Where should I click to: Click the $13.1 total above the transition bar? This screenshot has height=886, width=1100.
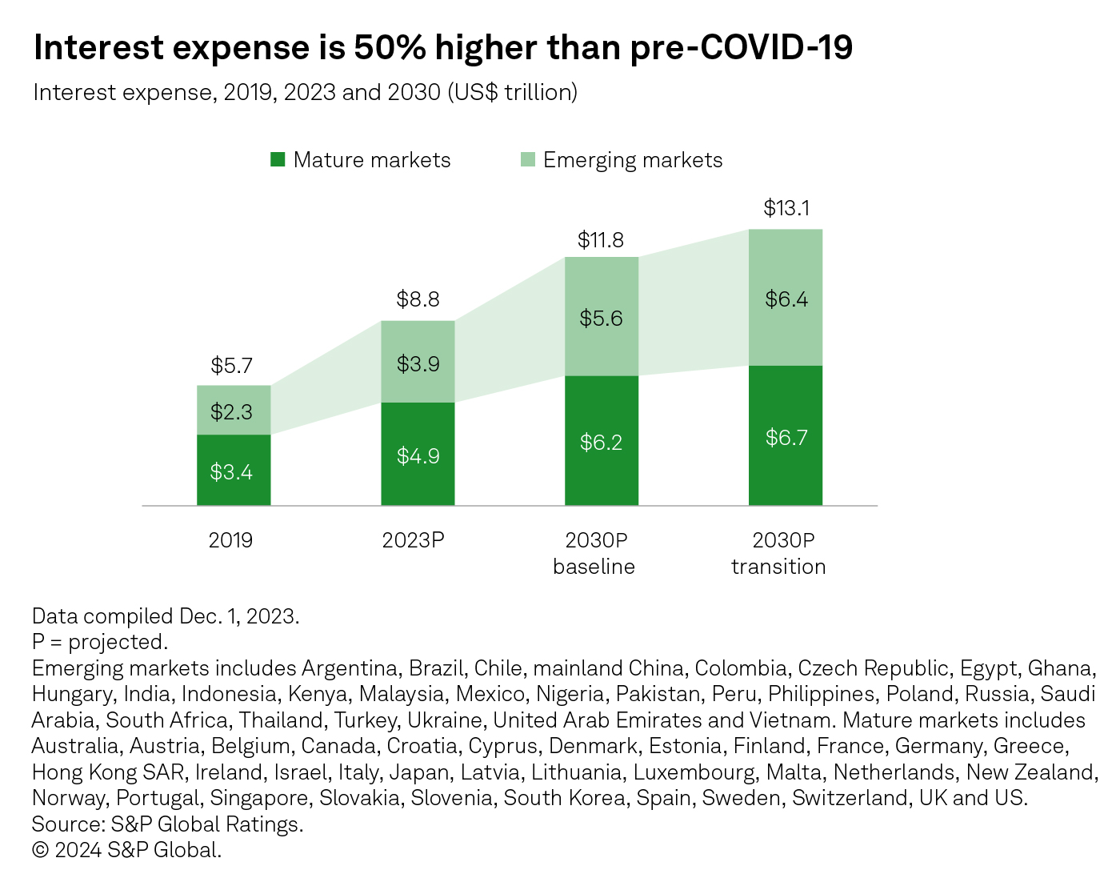(x=786, y=209)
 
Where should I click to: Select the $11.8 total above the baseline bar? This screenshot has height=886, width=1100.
(x=601, y=240)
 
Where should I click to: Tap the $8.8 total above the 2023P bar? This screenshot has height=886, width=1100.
(x=418, y=300)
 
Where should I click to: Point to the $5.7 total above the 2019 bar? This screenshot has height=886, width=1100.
(x=232, y=366)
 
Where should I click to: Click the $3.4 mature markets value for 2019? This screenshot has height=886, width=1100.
(x=232, y=472)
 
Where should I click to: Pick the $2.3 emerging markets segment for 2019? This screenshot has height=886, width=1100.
(x=232, y=412)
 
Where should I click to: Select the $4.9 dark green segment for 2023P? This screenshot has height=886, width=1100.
(x=418, y=456)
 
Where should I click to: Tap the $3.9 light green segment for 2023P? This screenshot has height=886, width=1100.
(x=418, y=364)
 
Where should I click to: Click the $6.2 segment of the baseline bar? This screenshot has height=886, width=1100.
(x=601, y=443)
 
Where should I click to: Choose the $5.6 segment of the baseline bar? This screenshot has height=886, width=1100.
(x=601, y=319)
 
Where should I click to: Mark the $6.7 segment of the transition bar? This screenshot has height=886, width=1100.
(x=786, y=438)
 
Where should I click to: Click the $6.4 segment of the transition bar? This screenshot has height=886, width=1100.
(x=786, y=299)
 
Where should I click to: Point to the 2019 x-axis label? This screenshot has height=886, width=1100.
(x=231, y=540)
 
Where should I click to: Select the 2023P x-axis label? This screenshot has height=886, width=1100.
(x=413, y=540)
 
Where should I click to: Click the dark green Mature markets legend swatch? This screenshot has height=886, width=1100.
(x=278, y=159)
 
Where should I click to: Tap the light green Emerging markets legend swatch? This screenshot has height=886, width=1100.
(x=527, y=159)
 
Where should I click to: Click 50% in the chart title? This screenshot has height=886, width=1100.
(x=390, y=48)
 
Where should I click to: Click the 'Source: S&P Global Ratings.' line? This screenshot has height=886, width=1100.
(x=168, y=824)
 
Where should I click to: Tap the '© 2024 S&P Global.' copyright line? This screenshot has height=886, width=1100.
(x=126, y=850)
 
